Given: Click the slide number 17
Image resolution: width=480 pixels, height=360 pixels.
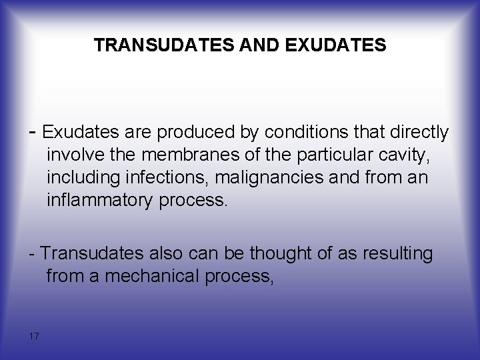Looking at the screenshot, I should point(34,335).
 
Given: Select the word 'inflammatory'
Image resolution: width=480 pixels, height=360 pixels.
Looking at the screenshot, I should point(99,201).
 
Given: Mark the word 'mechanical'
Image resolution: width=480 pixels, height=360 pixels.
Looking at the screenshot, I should point(147,276).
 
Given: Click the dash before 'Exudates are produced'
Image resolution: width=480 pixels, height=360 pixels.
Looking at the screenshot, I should point(33,131).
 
